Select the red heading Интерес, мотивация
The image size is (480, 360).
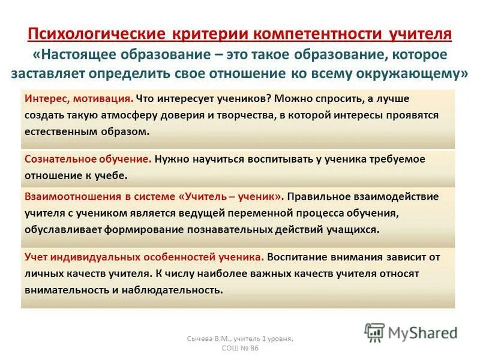(79, 98)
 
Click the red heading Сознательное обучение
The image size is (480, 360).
(88, 159)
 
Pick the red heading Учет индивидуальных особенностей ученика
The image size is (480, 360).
(144, 256)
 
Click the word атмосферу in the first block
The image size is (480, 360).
(127, 114)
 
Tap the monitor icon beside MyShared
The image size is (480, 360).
(374, 332)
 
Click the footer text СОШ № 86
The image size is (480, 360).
(241, 349)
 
